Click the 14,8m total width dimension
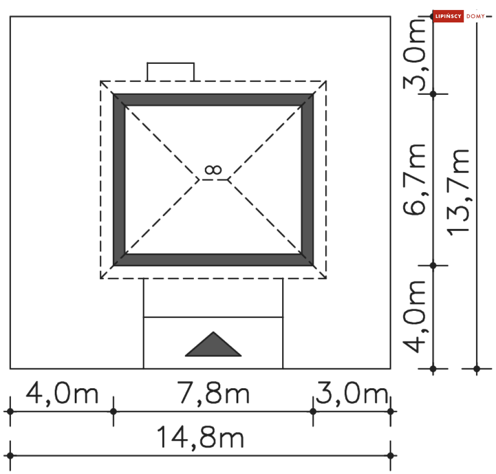(200, 437)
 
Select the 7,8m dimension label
(213, 393)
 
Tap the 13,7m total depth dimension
(458, 192)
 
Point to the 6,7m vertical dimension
(414, 180)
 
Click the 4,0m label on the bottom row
(62, 393)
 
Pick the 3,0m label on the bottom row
(352, 393)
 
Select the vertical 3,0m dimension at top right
(414, 54)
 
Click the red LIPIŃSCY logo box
(448, 16)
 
